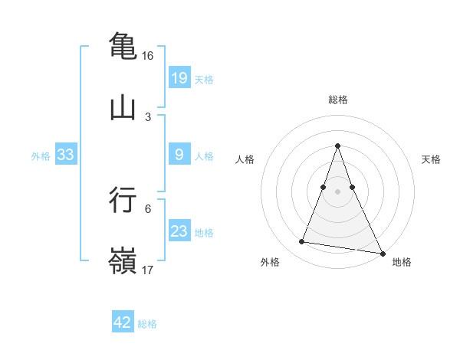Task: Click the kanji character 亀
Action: pos(123,44)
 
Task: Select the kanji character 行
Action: pos(123,198)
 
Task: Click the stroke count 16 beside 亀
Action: pos(148,56)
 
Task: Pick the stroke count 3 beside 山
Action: pos(148,117)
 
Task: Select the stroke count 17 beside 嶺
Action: pos(148,270)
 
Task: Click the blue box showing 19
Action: pos(179,78)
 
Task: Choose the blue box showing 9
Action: pos(179,155)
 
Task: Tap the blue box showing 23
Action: pos(179,231)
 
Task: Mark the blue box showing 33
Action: pos(65,155)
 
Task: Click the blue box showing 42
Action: pos(123,322)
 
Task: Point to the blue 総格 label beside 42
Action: pos(147,324)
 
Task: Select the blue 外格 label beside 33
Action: pos(41,155)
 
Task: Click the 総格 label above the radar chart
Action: pos(338,100)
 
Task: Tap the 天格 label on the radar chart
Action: pos(431,159)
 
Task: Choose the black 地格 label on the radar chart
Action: pos(402,263)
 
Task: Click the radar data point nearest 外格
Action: pos(301,242)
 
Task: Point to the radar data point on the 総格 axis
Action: pos(338,146)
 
